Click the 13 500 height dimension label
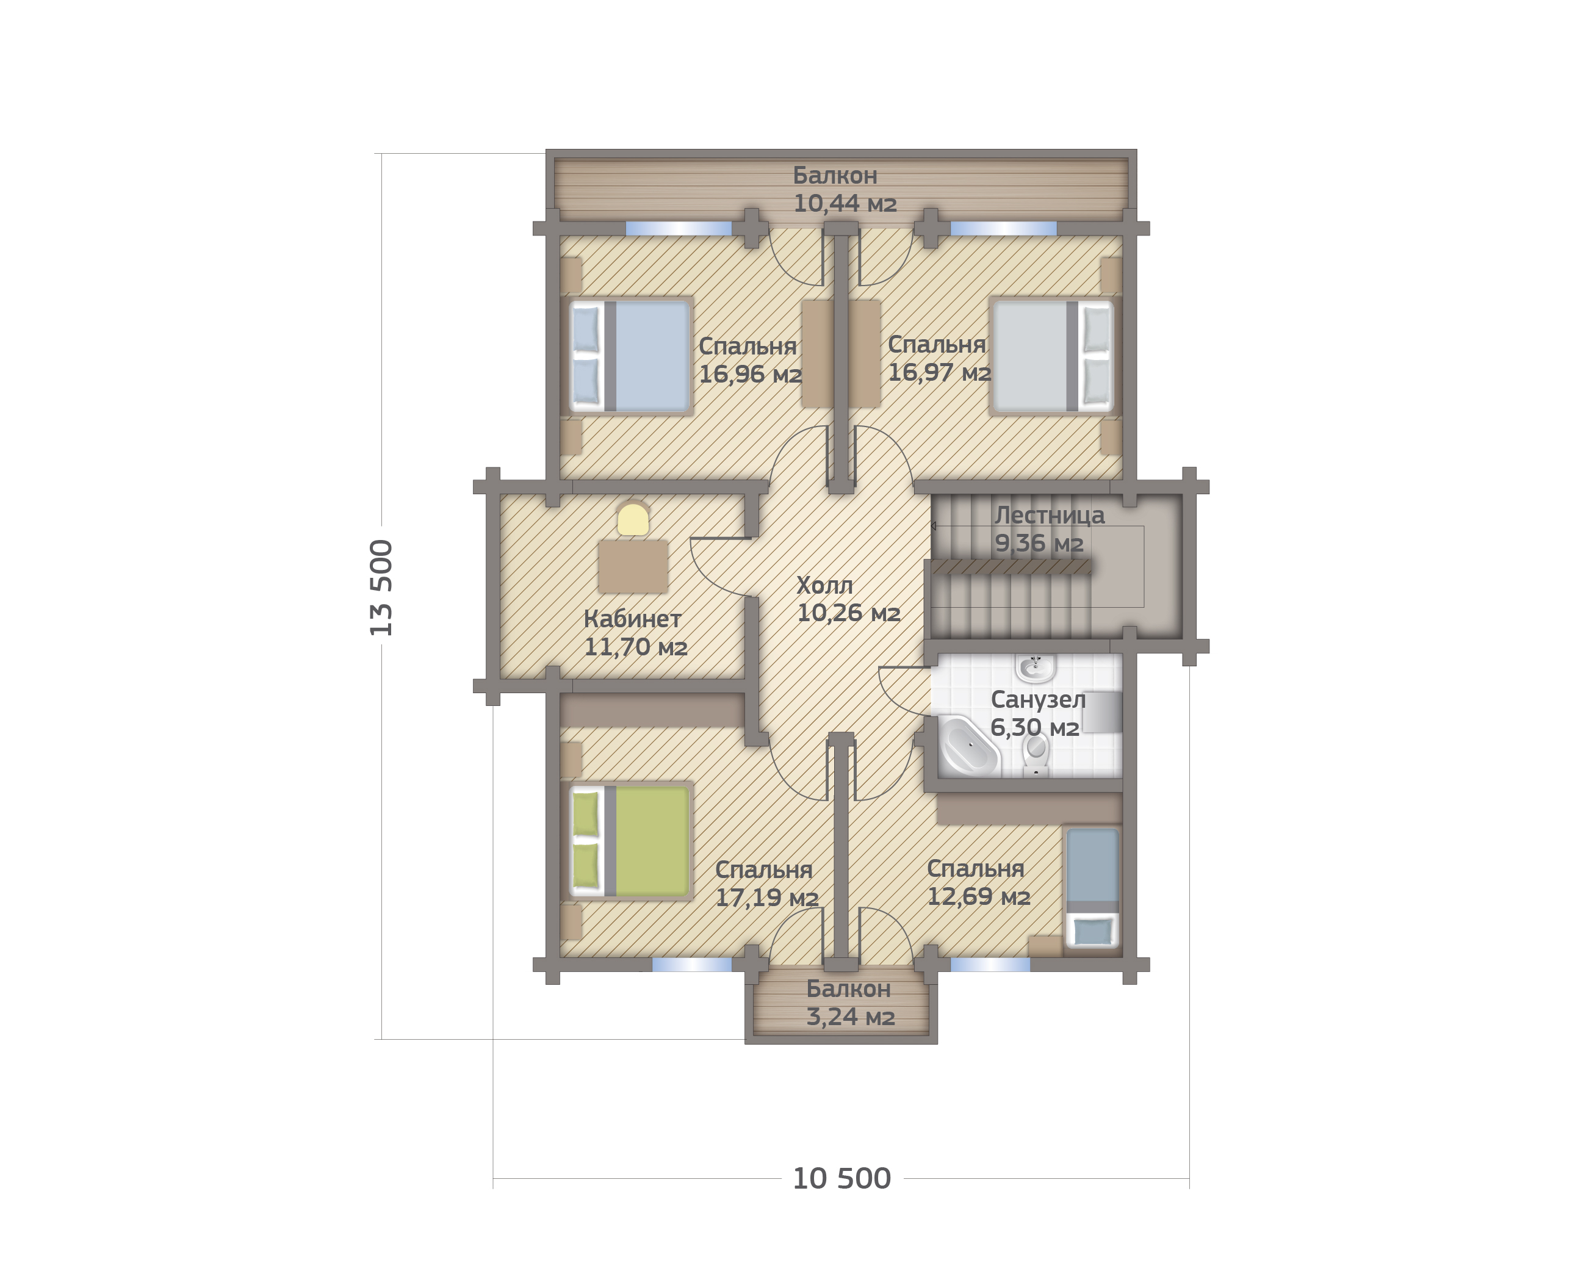(382, 587)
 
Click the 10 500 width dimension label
(841, 1178)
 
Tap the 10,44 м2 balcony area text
(845, 203)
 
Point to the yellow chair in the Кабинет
(633, 519)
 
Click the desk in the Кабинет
(633, 566)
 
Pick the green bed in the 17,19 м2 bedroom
(630, 841)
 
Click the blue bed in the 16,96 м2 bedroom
(630, 355)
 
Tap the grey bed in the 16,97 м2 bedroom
(1052, 355)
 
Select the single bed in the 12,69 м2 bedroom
(1092, 888)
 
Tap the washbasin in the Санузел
(1036, 668)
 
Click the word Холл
(825, 585)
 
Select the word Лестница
(1050, 515)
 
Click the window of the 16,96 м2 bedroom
(679, 228)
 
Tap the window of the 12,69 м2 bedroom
(990, 965)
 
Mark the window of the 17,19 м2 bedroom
(692, 965)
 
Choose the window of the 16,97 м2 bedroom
(1003, 228)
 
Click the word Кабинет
(632, 619)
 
